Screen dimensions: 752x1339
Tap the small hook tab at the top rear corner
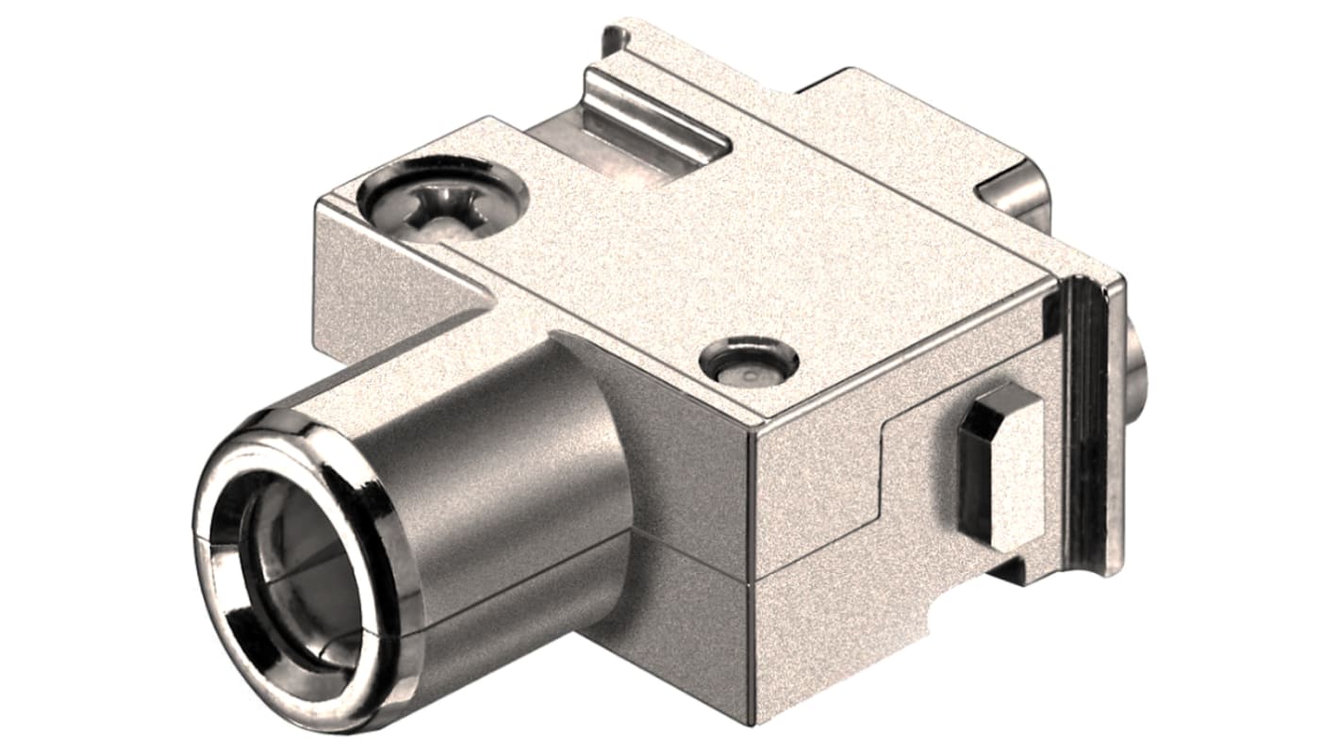pyautogui.click(x=613, y=38)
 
